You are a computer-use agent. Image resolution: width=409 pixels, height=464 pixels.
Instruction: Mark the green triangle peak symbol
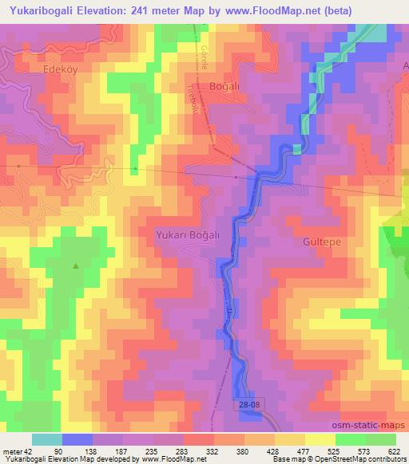[x=76, y=266]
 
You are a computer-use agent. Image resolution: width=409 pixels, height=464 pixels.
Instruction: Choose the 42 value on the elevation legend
[x=29, y=451]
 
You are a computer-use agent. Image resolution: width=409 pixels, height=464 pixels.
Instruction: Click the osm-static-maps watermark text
[x=373, y=425]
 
